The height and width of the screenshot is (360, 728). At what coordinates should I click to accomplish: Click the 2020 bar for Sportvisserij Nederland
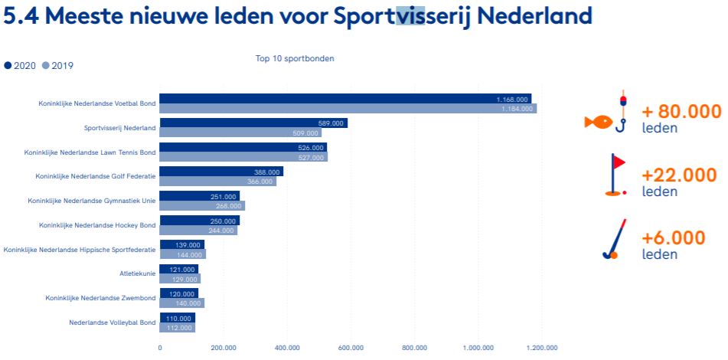[x=253, y=123]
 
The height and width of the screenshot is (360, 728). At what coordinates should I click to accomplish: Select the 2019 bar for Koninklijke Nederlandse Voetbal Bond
[x=348, y=109]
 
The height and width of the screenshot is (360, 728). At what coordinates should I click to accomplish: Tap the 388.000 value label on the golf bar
[x=267, y=172]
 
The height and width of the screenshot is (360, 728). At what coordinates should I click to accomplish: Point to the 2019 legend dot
[x=46, y=66]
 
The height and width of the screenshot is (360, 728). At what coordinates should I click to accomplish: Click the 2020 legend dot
[x=8, y=66]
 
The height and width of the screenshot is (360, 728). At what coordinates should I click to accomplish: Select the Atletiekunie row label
[x=137, y=273]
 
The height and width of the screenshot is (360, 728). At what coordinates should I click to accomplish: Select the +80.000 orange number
[x=681, y=112]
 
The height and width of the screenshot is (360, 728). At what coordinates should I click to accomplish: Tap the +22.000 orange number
[x=679, y=175]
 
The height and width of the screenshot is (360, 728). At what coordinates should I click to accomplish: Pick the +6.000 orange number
[x=674, y=238]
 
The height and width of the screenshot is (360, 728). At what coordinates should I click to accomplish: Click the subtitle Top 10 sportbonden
[x=295, y=58]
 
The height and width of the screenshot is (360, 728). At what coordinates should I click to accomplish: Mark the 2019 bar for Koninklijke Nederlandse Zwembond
[x=181, y=303]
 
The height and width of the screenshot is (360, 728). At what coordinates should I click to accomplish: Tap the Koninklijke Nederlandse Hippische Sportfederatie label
[x=80, y=249]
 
